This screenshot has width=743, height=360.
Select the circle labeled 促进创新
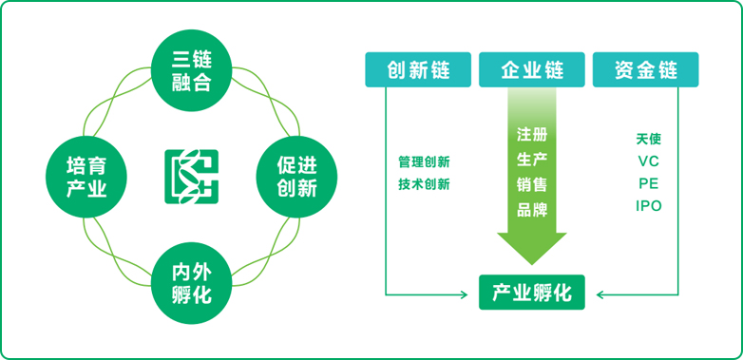pos(295,177)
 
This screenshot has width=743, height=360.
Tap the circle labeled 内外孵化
pos(191,282)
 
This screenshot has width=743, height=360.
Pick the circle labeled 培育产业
pos(86,177)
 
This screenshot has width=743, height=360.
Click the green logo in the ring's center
pos(191,177)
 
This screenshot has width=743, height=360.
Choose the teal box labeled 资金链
pos(645,69)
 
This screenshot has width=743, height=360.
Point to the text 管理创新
pos(424,161)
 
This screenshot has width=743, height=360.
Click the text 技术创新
pos(424,184)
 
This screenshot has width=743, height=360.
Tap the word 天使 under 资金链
pos(649,139)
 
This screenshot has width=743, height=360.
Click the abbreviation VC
pos(649,161)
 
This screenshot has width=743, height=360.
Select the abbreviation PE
pos(649,183)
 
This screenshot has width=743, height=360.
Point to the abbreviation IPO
pos(649,206)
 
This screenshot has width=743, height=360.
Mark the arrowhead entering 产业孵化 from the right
pos(601,294)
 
